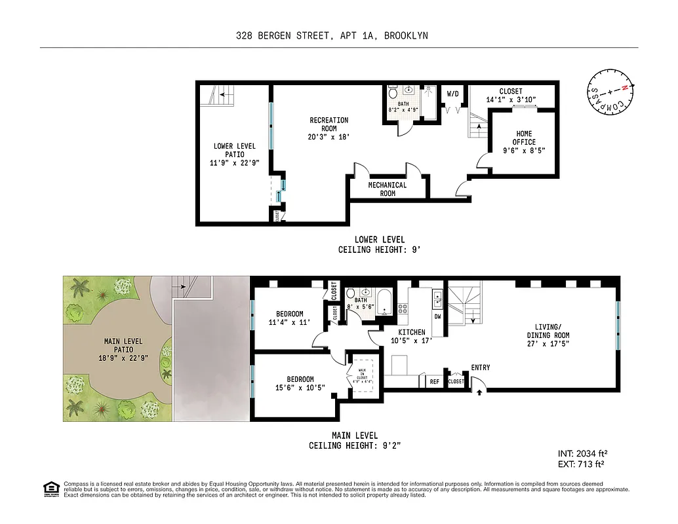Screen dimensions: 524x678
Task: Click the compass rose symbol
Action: click(611, 92)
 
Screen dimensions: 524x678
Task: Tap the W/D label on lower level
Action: click(453, 94)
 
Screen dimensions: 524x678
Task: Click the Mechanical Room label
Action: click(387, 189)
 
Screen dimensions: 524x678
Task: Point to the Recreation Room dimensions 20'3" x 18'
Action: click(329, 138)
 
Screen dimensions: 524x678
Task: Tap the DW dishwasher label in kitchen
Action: click(437, 315)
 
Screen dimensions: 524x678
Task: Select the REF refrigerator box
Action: click(434, 381)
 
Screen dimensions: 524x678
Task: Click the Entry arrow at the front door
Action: click(479, 392)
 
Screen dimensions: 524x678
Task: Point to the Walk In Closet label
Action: click(363, 373)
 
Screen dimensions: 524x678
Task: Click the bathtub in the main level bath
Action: click(386, 303)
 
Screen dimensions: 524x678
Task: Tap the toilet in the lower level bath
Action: click(393, 92)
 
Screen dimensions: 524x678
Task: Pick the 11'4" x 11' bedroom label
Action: click(289, 318)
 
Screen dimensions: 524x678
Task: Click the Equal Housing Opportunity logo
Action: click(49, 488)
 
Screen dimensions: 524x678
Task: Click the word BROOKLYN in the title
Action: click(406, 36)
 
